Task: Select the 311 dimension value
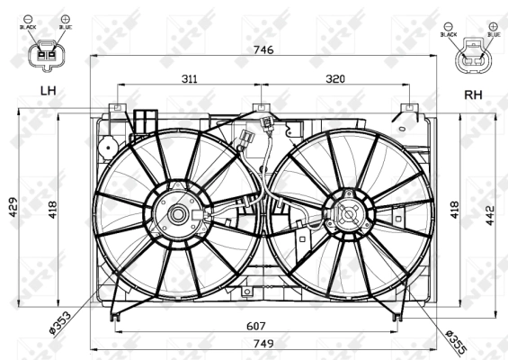tap(190, 79)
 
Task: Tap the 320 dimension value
tap(334, 79)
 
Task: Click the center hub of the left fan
tap(178, 214)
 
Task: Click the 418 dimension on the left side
tap(55, 211)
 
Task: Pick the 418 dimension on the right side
tap(456, 209)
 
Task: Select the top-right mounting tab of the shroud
tap(409, 109)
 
